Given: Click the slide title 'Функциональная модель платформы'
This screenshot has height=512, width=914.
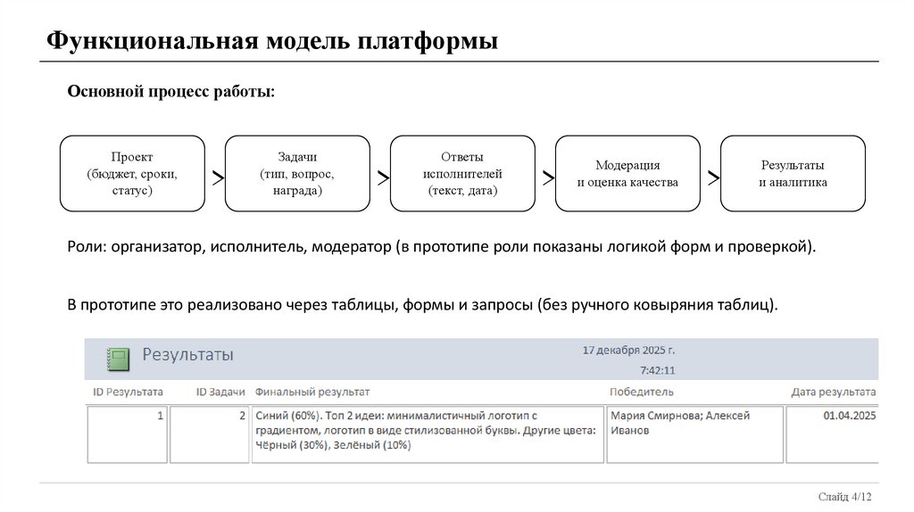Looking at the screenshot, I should (271, 42).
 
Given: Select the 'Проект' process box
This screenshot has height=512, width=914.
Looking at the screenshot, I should (132, 174).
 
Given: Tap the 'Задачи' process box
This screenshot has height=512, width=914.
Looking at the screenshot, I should (297, 174).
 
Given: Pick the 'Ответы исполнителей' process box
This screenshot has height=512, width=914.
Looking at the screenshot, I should (462, 174).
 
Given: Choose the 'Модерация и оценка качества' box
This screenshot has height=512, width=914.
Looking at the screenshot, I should (627, 174).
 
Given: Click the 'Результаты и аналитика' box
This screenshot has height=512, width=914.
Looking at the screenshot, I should (793, 174).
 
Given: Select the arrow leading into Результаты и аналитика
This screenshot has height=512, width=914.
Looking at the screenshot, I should (713, 178).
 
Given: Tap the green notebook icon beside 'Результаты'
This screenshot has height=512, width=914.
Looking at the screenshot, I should (117, 358).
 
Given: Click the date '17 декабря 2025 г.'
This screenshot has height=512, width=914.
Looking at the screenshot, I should (628, 351).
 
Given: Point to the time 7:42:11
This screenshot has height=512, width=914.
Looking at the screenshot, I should (657, 370).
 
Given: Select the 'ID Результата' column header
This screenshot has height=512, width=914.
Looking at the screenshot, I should (129, 392).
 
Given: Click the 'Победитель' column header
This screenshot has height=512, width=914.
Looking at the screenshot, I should (641, 392).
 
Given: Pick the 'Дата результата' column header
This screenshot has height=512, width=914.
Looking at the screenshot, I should (833, 392).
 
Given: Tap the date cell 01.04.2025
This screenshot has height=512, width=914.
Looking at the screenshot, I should (850, 415).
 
